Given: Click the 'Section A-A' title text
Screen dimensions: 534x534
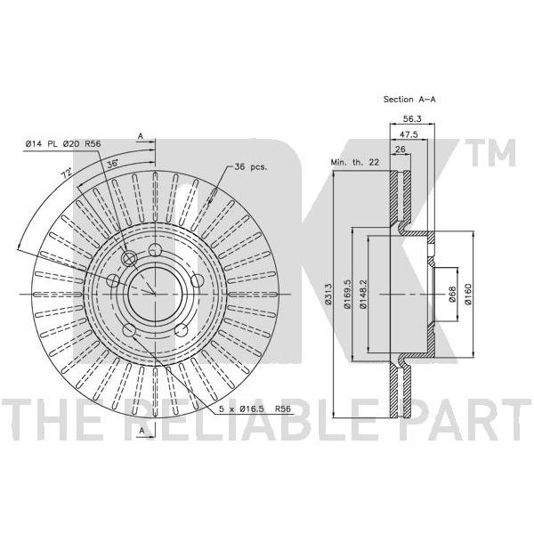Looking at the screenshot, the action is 409,100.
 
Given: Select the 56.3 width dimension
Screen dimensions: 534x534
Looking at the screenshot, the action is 412,118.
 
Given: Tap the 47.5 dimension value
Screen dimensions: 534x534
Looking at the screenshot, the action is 409,134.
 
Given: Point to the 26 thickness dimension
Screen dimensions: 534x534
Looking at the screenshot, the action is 400,150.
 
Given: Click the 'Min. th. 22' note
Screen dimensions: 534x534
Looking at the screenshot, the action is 355,163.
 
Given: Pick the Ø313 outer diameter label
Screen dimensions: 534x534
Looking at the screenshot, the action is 328,294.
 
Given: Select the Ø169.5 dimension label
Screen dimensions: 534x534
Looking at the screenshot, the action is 347,294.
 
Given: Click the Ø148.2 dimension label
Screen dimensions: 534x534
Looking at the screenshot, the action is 363,294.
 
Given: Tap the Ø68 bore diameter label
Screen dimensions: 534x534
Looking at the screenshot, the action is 452,294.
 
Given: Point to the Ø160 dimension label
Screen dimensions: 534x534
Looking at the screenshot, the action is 468,294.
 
